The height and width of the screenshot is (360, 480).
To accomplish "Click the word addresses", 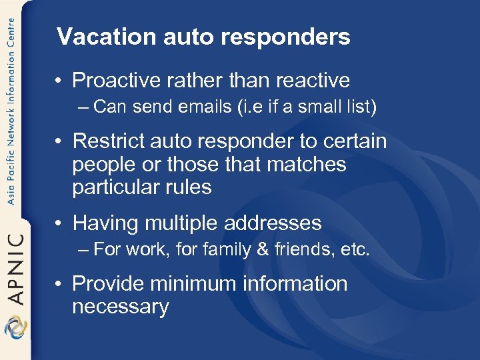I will coord(279,223).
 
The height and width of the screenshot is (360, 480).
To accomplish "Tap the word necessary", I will coord(120,307).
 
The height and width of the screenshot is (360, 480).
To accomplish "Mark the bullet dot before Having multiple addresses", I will coord(61,223).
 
